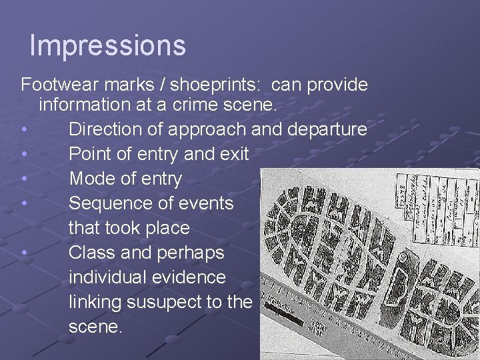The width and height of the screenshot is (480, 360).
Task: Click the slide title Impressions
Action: point(107,45)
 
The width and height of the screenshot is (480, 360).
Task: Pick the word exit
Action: point(233,154)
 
